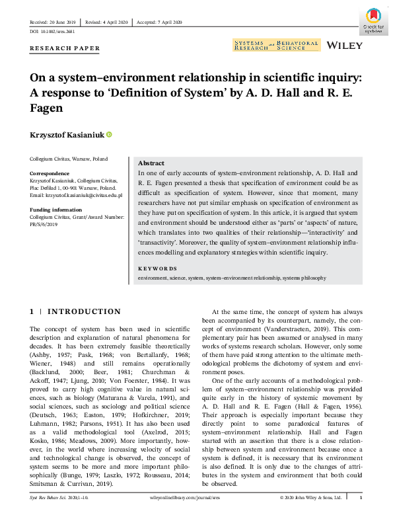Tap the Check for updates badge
(374, 20)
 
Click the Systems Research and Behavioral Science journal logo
(276, 45)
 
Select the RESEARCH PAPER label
(65, 48)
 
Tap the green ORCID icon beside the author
(109, 134)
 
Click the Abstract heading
(151, 163)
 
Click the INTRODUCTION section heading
(85, 311)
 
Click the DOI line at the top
(53, 31)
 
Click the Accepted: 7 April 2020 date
(159, 22)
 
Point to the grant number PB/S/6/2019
(44, 223)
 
